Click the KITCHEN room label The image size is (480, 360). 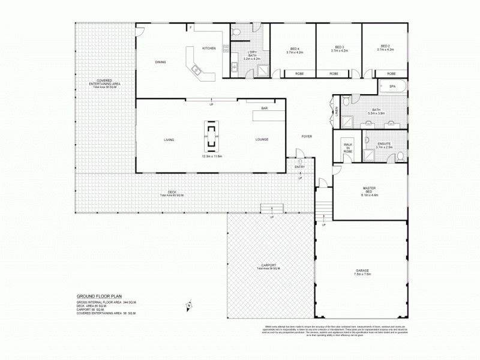208,48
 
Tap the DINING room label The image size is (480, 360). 160,62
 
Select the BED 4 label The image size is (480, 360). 294,48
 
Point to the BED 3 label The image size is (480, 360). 339,47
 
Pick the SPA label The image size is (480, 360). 392,86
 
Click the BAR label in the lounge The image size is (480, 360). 264,109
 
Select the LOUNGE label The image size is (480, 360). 262,139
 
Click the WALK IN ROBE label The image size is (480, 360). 348,148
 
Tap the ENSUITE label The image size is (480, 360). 383,144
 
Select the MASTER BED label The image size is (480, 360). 369,190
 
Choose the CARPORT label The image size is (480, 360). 269,265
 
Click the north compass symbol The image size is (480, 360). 188,305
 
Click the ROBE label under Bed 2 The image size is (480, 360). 391,73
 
